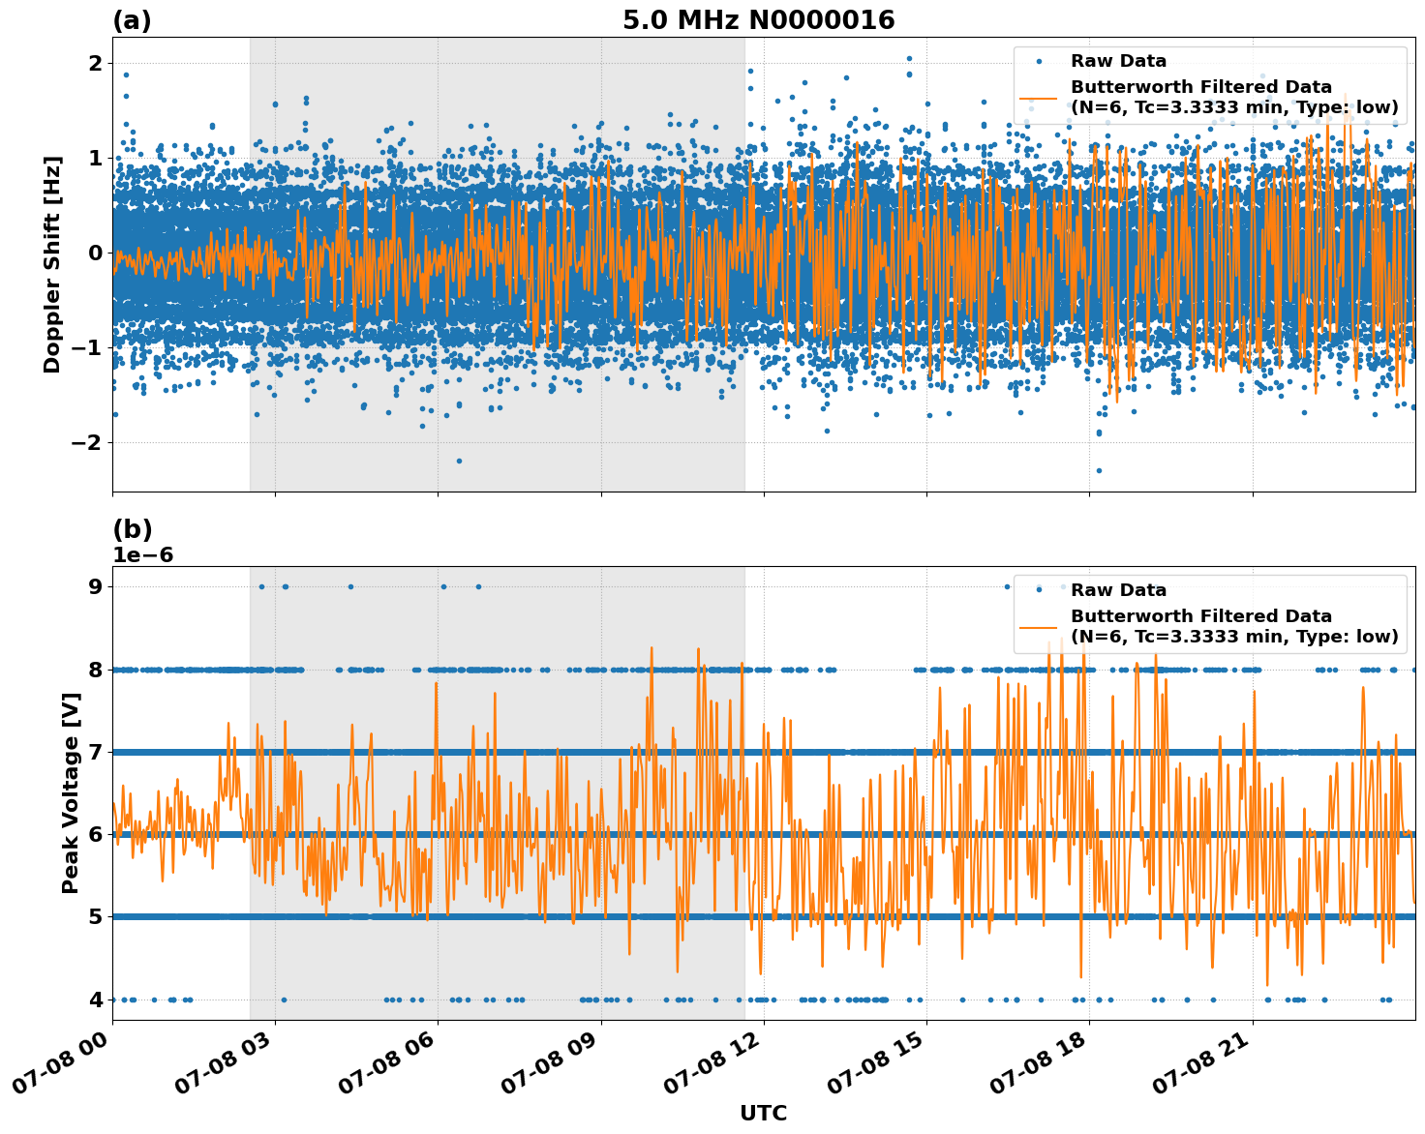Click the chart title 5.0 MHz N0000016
tap(758, 20)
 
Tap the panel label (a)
tap(132, 20)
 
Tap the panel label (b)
tap(132, 529)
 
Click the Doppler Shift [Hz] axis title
tap(52, 264)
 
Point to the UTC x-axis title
tap(763, 1113)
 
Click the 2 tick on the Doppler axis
tap(95, 64)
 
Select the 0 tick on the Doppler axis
tap(95, 254)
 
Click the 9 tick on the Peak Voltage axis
tap(95, 586)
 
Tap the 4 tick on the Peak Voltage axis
tap(95, 1000)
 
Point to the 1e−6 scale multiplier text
tap(143, 555)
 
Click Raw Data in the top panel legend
tap(1118, 61)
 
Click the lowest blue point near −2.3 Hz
tap(1099, 470)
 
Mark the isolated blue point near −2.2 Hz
tap(459, 461)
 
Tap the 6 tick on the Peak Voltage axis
tap(95, 834)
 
